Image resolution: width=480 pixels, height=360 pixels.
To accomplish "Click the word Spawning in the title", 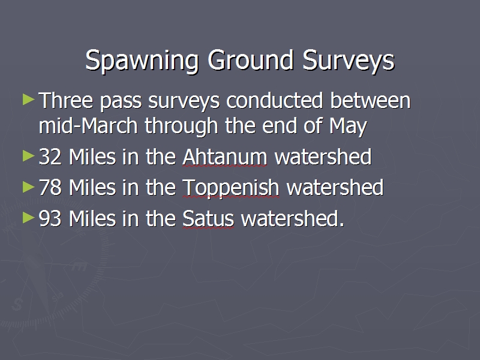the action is point(142,61).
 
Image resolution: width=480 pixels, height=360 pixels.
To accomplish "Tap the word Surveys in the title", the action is point(349,61).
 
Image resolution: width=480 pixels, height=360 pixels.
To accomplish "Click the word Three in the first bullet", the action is point(66,100).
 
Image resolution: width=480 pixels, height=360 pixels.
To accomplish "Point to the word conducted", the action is point(275,100).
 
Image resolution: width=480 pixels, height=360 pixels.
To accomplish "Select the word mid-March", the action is point(88,125).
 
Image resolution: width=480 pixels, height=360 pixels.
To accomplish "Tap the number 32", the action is point(50,157).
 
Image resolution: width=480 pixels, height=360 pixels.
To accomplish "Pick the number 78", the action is point(50,187).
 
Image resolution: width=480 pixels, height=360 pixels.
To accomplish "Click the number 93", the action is point(50,218).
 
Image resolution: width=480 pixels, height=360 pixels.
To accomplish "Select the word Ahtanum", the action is point(224,157).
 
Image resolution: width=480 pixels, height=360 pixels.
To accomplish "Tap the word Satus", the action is point(208,218).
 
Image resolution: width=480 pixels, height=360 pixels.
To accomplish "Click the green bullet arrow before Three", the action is point(28,100).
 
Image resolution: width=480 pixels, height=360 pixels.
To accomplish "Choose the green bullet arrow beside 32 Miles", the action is point(28,156).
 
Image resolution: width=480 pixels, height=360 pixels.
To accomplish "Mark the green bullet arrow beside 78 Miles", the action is point(28,187).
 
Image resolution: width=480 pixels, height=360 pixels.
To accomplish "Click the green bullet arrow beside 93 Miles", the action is point(28,218).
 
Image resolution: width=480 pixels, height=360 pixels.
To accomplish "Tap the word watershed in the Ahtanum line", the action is point(323,157).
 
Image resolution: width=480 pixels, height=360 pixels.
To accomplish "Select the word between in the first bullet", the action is point(370,100).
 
